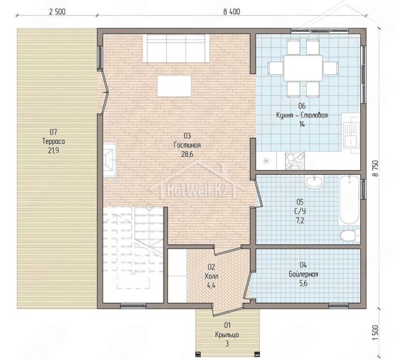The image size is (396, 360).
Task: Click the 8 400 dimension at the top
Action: pyautogui.click(x=231, y=12)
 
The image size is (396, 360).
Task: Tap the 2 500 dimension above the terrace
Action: pyautogui.click(x=57, y=12)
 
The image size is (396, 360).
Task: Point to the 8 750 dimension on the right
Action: pyautogui.click(x=375, y=169)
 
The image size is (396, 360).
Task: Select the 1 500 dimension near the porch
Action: pyautogui.click(x=375, y=332)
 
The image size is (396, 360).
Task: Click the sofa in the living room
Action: pyautogui.click(x=176, y=48)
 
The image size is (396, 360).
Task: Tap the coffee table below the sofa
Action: pyautogui.click(x=174, y=86)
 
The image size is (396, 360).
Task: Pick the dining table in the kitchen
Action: pyautogui.click(x=303, y=68)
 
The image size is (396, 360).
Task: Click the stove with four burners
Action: pyautogui.click(x=295, y=161)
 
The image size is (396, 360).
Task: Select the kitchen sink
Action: pyautogui.click(x=351, y=134)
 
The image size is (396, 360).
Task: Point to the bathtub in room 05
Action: pyautogui.click(x=349, y=200)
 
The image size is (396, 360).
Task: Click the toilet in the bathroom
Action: pyautogui.click(x=350, y=235)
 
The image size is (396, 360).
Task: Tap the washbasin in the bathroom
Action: pyautogui.click(x=314, y=181)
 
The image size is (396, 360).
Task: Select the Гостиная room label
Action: pyautogui.click(x=187, y=145)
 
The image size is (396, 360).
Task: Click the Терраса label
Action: pyautogui.click(x=54, y=141)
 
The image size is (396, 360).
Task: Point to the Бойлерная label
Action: pyautogui.click(x=303, y=274)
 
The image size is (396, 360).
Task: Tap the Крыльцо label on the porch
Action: pyautogui.click(x=227, y=335)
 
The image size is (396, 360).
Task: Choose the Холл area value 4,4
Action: pyautogui.click(x=211, y=285)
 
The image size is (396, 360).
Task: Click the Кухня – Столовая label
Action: pyautogui.click(x=302, y=115)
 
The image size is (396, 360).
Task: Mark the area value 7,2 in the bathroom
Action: pyautogui.click(x=300, y=221)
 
